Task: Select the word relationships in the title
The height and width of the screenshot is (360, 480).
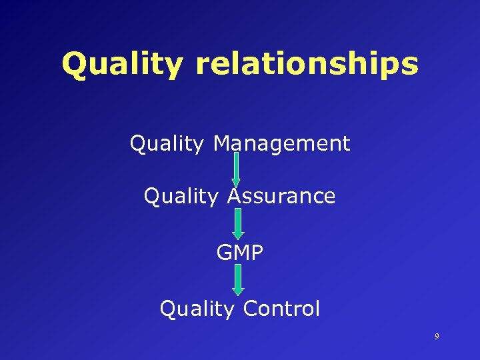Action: [307, 65]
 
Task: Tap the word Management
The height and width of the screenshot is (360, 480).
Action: [281, 143]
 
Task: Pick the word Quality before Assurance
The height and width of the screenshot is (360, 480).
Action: [182, 196]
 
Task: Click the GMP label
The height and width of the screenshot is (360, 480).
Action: [239, 253]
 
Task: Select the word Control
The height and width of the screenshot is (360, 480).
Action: [281, 309]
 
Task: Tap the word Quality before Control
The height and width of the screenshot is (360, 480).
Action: [197, 309]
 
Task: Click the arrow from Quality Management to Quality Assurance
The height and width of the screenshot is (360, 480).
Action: [236, 169]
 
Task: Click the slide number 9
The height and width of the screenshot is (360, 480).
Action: [437, 337]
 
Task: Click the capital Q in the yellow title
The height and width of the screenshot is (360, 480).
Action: [75, 65]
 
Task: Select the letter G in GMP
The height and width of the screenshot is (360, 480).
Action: [224, 253]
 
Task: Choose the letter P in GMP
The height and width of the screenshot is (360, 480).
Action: [257, 253]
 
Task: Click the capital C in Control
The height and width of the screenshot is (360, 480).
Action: [251, 309]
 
